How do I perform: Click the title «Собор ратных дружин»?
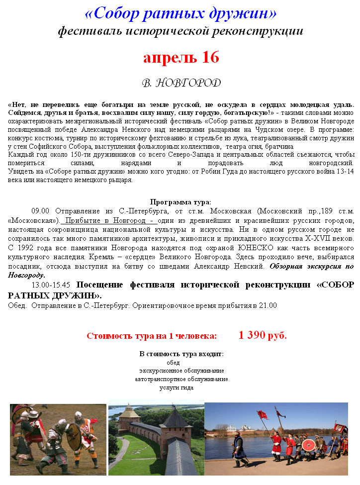[x=181, y=13]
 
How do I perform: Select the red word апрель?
[x=165, y=58]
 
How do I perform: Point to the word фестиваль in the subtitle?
[x=88, y=31]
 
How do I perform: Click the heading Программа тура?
[x=180, y=202]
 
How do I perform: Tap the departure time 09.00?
[x=41, y=211]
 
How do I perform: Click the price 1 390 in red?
[x=252, y=335]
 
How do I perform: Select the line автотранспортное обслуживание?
[x=181, y=379]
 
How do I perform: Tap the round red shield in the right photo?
[x=308, y=444]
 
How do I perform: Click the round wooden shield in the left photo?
[x=73, y=432]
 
